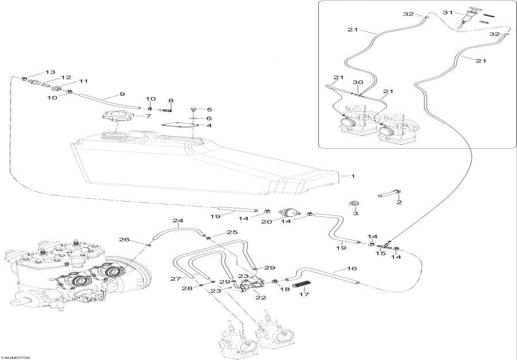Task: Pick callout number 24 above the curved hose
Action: (178, 221)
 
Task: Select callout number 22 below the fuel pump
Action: (245, 297)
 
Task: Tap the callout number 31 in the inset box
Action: (447, 12)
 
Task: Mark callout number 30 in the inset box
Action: (358, 83)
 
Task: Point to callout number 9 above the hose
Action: (122, 94)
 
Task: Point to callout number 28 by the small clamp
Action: (187, 288)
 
